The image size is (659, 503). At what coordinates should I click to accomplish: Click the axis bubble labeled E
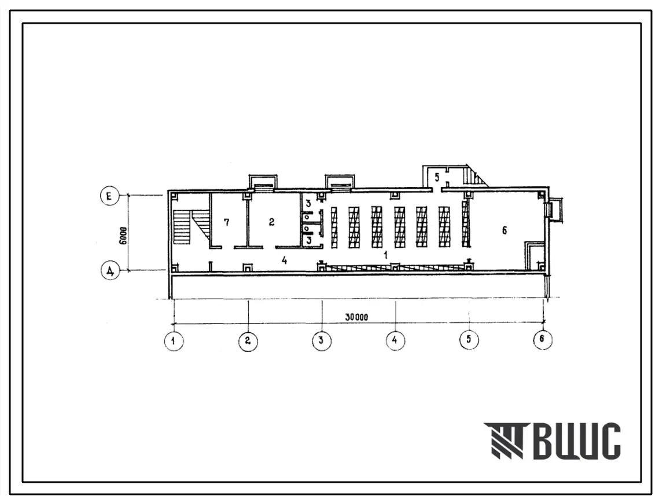(x=110, y=197)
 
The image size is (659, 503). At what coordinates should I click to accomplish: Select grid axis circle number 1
(x=174, y=341)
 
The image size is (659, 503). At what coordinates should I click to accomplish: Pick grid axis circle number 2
(x=248, y=341)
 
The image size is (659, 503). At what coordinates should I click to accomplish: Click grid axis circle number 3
(x=322, y=340)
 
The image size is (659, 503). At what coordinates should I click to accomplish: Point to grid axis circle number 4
(x=395, y=340)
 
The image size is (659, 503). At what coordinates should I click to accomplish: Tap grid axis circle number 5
(x=469, y=339)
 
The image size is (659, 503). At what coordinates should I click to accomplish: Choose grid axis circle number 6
(x=542, y=339)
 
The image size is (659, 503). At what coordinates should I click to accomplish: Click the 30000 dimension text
(x=356, y=317)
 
